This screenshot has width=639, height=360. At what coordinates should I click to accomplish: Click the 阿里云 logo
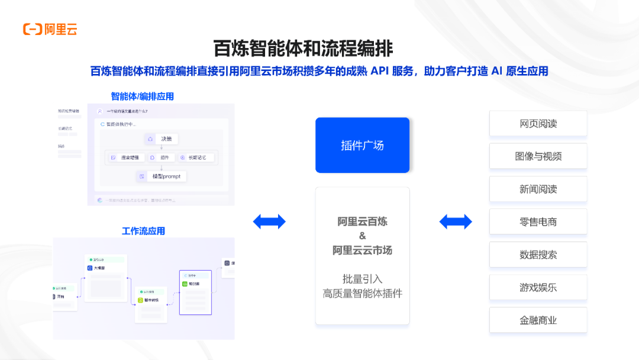tap(50, 29)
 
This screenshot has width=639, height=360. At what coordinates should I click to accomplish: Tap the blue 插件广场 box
tap(362, 145)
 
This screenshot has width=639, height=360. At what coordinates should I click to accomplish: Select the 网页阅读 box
tap(538, 124)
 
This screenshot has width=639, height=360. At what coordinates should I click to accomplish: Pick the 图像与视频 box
tap(538, 156)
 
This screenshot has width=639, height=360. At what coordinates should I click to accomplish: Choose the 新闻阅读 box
tap(538, 189)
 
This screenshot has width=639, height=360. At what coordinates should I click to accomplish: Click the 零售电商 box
tap(538, 222)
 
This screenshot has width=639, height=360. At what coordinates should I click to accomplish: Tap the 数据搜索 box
tap(538, 255)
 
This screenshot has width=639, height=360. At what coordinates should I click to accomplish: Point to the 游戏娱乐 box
tap(538, 288)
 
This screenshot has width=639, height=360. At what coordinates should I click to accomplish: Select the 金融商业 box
tap(538, 320)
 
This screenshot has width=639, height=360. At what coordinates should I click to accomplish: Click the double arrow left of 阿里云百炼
tap(269, 221)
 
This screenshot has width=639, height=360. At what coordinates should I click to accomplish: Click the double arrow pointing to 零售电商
tap(456, 221)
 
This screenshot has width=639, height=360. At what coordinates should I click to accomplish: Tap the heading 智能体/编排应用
tap(142, 96)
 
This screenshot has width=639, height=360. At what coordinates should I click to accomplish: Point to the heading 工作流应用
tap(143, 231)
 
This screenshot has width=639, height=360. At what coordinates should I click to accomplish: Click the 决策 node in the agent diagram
tap(160, 139)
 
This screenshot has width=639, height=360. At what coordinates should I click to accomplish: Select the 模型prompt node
tap(161, 176)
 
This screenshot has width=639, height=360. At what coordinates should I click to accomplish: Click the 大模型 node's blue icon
tap(89, 268)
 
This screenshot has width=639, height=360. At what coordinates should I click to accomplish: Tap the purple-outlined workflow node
tap(195, 292)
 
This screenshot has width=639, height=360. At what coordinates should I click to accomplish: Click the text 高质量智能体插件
tap(362, 293)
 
